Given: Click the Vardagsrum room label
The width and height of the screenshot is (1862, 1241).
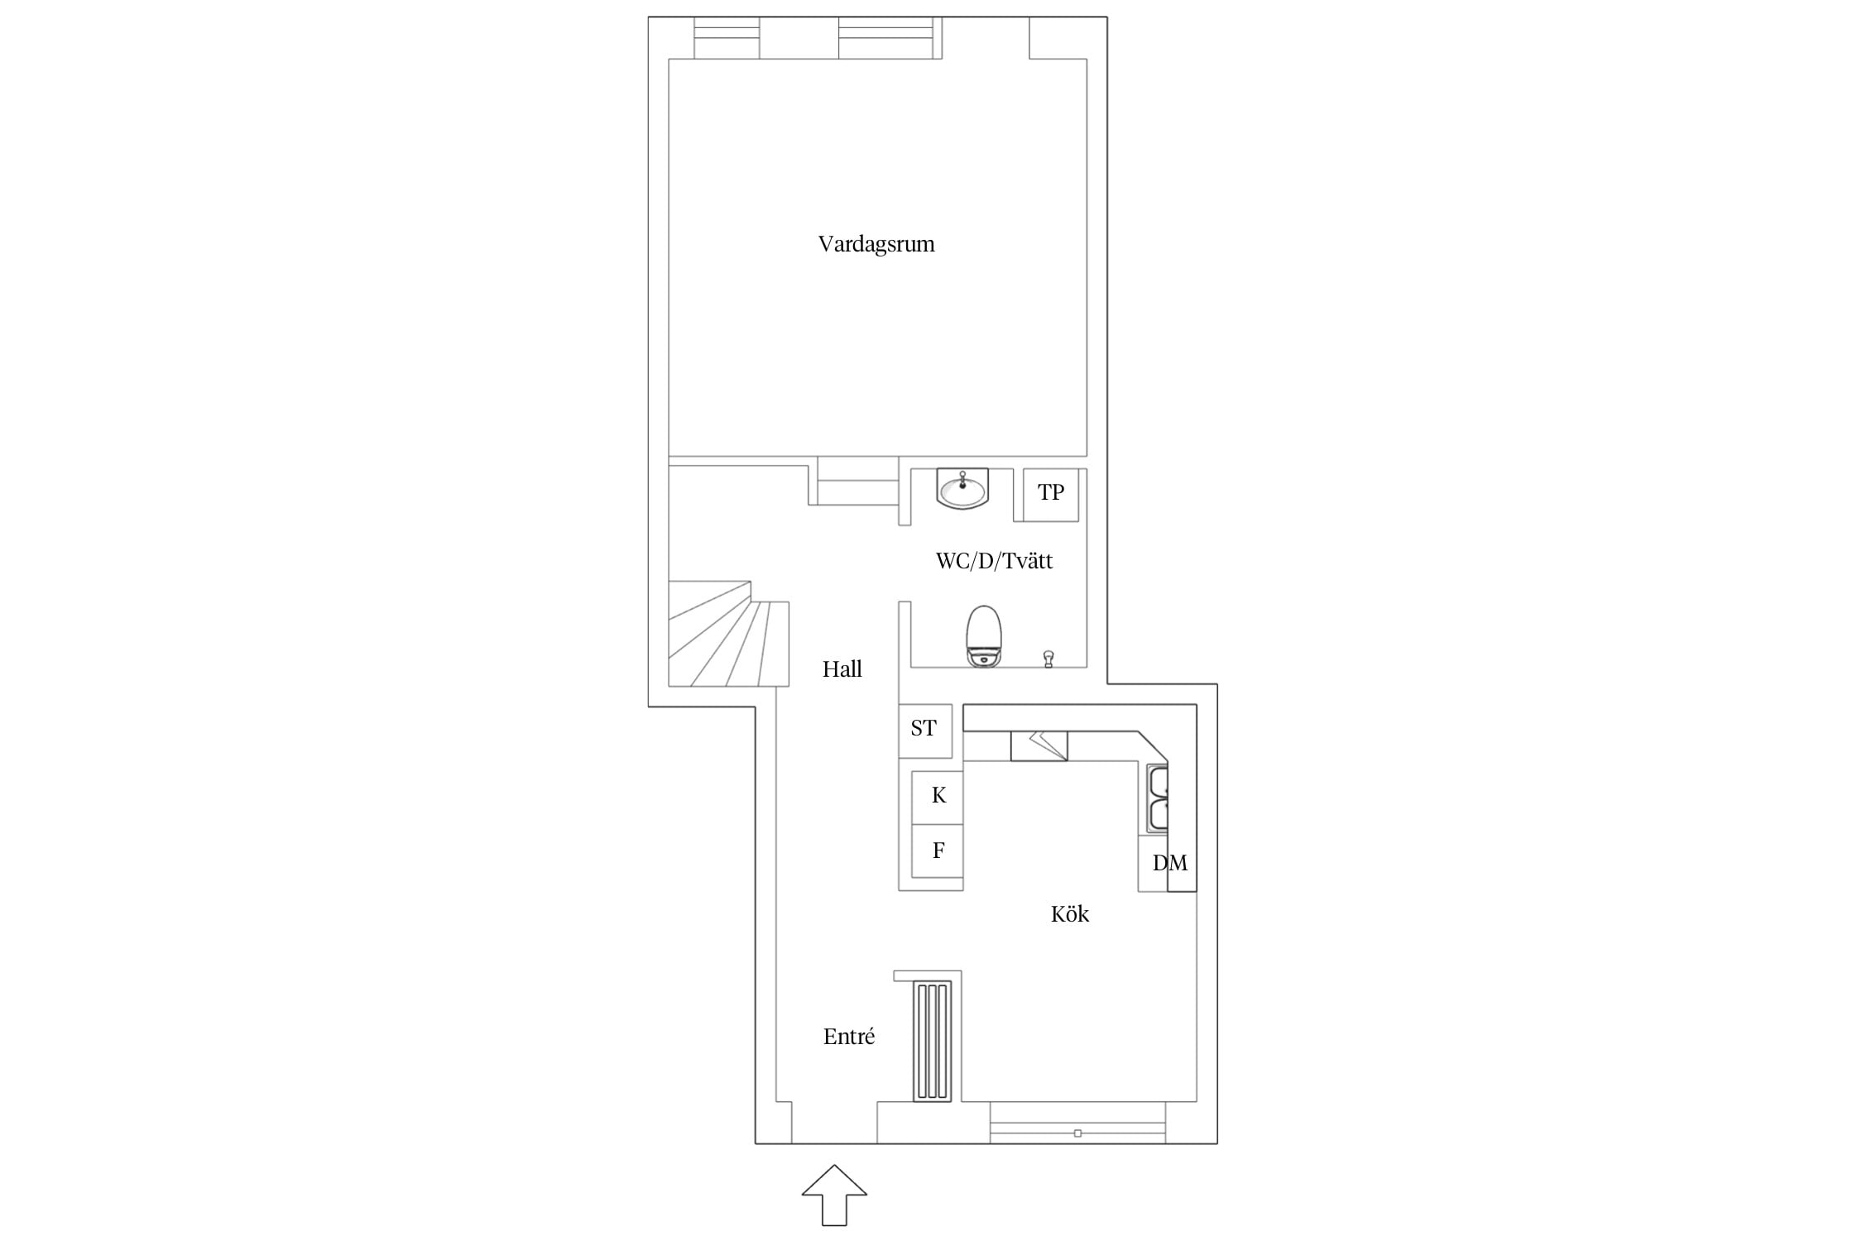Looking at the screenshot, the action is click(876, 244).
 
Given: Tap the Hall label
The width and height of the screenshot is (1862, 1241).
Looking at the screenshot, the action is click(842, 668).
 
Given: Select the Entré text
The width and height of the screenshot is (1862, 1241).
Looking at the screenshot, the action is click(849, 1036).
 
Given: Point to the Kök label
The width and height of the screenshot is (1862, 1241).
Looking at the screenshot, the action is click(1070, 913).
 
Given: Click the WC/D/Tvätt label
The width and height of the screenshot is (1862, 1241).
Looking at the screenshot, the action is click(994, 561).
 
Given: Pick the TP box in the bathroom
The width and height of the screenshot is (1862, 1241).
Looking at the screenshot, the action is click(1051, 495).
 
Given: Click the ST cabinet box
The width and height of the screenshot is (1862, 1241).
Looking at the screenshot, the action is click(925, 731).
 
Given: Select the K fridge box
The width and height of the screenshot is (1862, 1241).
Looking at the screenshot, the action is click(938, 797).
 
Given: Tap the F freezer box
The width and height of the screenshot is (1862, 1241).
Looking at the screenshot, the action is click(938, 850).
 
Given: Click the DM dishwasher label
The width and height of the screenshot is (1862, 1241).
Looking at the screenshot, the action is click(1170, 863).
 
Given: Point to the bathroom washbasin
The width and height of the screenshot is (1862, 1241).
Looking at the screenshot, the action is click(962, 488).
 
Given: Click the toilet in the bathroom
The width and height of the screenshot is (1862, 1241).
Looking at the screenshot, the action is click(984, 637).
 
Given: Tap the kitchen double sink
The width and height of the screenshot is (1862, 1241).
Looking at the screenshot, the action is click(1157, 798).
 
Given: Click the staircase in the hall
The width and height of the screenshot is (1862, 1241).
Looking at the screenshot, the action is click(728, 634).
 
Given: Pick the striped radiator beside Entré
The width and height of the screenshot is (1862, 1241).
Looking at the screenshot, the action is click(933, 1041).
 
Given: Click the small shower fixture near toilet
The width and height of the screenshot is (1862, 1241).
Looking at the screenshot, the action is click(1049, 659).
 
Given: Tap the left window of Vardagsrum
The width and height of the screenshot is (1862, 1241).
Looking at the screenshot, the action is click(727, 38).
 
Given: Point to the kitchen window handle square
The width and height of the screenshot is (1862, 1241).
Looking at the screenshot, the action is click(1077, 1133).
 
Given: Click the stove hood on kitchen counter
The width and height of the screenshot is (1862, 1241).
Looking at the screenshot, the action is click(1039, 745).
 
